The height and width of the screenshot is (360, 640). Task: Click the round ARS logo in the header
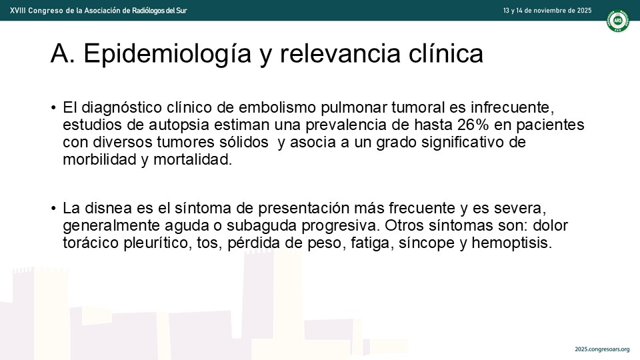point(617,21)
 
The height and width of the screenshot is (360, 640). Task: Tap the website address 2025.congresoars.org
point(602,349)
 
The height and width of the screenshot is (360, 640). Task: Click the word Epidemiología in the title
point(167,54)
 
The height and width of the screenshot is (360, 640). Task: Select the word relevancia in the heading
point(339,54)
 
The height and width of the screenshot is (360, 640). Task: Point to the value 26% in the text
point(473,125)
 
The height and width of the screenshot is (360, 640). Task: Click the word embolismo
point(277,107)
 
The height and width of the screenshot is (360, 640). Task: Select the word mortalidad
point(193,159)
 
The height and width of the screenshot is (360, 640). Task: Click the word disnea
point(108,208)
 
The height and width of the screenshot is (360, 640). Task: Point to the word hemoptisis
point(512,243)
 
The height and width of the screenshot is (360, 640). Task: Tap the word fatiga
point(372,243)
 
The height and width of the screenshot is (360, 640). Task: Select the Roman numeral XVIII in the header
point(17,11)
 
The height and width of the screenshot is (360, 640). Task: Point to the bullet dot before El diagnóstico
point(53,108)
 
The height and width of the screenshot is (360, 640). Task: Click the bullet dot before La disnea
point(53,209)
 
